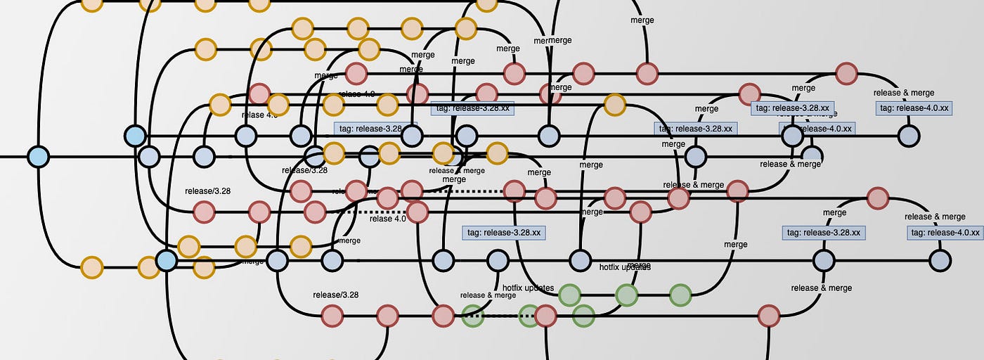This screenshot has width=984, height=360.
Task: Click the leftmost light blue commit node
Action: pos(38,156)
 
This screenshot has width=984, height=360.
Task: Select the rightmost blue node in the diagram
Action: pos(940,261)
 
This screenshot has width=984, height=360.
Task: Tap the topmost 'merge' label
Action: pos(642,20)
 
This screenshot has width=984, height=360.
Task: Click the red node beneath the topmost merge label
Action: pos(647,73)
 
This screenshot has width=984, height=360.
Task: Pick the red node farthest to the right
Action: pos(877,198)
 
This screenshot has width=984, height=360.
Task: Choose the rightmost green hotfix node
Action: pos(680,295)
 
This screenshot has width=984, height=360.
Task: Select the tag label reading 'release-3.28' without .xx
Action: pos(370,129)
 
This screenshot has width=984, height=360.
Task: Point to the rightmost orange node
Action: pos(614,105)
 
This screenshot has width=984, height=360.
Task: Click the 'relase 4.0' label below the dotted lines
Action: pos(387,219)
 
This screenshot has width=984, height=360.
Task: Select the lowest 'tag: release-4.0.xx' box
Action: pos(945,233)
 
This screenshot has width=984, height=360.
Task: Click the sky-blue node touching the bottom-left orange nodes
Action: pos(166,261)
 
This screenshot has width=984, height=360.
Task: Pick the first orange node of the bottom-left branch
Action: pos(92,267)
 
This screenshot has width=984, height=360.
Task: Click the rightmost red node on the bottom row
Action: pos(769,316)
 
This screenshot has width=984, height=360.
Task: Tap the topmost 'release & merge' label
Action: pos(903,93)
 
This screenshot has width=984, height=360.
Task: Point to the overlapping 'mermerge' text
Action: pos(552,41)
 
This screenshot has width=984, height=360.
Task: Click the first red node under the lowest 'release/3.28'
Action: pos(332,316)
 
